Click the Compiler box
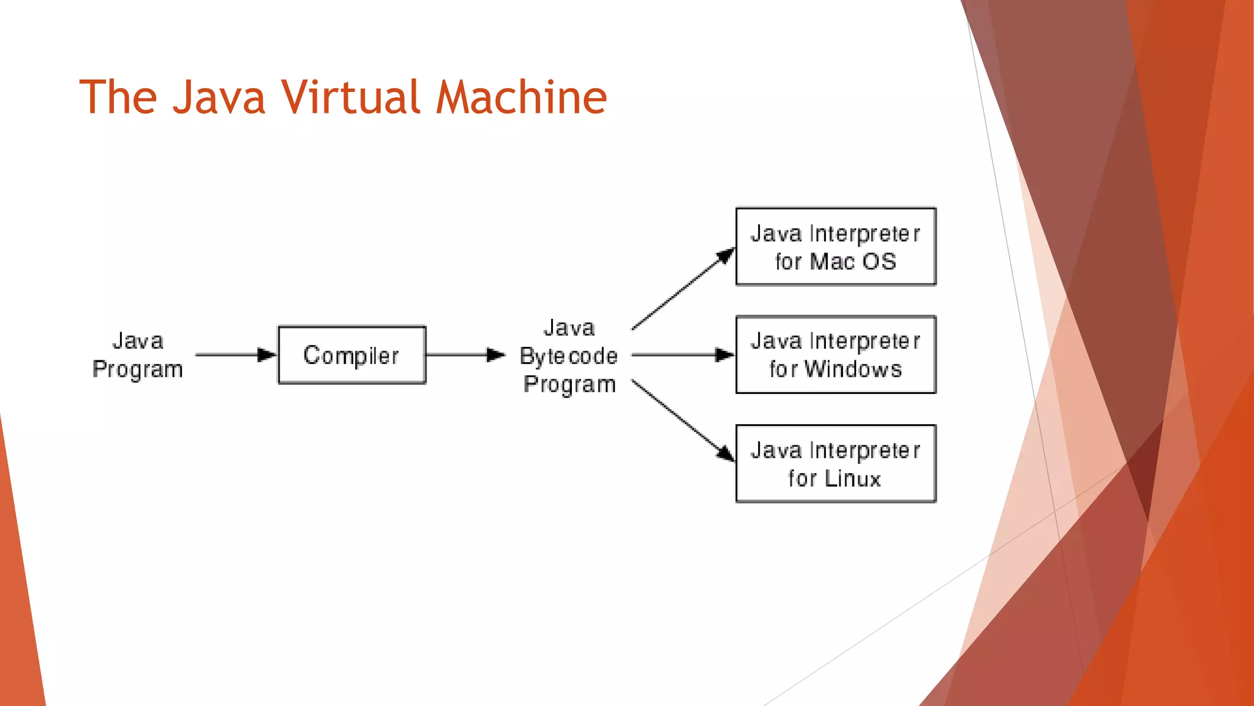point(351,355)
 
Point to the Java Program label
point(138,355)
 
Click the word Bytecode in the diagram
point(568,356)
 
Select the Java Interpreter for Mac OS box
point(835,246)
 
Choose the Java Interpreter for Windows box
point(835,354)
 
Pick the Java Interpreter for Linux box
point(835,463)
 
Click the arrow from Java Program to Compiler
point(236,354)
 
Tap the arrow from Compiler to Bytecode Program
point(465,354)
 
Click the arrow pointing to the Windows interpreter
point(682,354)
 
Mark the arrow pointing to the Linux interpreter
point(683,420)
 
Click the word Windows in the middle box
point(853,369)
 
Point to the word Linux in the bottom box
point(852,478)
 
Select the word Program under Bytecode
point(569,384)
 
